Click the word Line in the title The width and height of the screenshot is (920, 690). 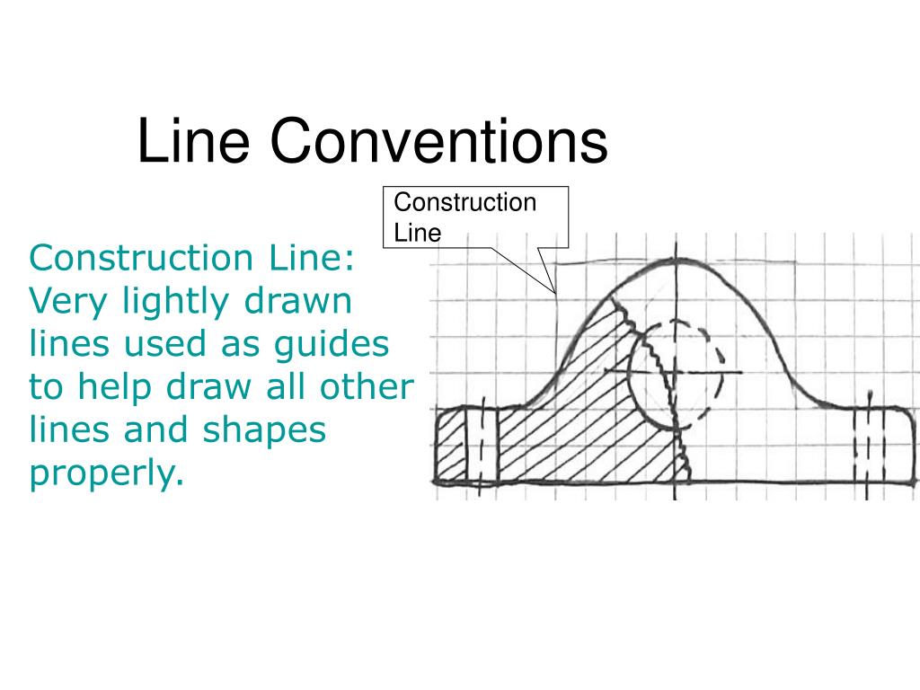tap(192, 142)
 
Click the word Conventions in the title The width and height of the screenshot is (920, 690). tap(438, 142)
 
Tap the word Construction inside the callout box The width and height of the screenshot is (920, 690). tap(464, 202)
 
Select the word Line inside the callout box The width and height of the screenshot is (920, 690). tap(418, 233)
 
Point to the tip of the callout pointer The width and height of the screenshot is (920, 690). tap(556, 295)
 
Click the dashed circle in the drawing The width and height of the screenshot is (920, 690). tap(677, 373)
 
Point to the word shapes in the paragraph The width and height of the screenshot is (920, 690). tap(267, 431)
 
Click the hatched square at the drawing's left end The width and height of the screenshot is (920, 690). tap(451, 446)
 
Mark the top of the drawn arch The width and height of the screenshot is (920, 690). tap(676, 260)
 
